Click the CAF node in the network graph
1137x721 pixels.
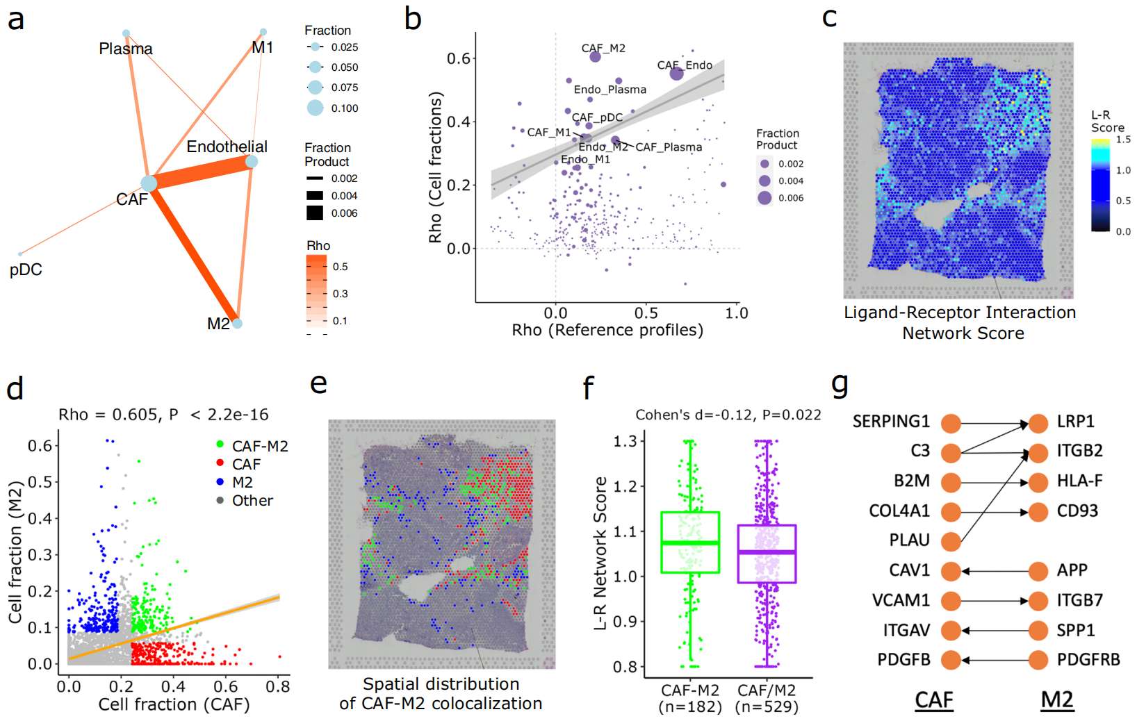(149, 183)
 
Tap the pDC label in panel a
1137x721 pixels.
(26, 270)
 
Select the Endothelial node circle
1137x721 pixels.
(252, 161)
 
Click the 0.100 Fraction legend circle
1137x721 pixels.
(315, 108)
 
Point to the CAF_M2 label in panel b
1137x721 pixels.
(603, 48)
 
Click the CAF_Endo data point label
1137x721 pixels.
(685, 65)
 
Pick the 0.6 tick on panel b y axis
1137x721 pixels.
(458, 58)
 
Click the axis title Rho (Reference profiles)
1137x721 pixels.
(607, 330)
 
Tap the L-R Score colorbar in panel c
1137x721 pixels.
(1100, 185)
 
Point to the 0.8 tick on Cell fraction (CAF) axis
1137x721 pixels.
(278, 686)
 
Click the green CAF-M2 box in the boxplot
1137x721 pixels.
(689, 542)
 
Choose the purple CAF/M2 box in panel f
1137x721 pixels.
(767, 554)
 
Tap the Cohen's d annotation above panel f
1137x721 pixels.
(728, 415)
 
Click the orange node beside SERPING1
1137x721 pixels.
(951, 422)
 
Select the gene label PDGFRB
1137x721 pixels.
(1088, 659)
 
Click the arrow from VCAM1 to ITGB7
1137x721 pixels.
(994, 601)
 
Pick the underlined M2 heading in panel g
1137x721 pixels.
(1056, 699)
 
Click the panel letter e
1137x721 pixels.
(318, 383)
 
